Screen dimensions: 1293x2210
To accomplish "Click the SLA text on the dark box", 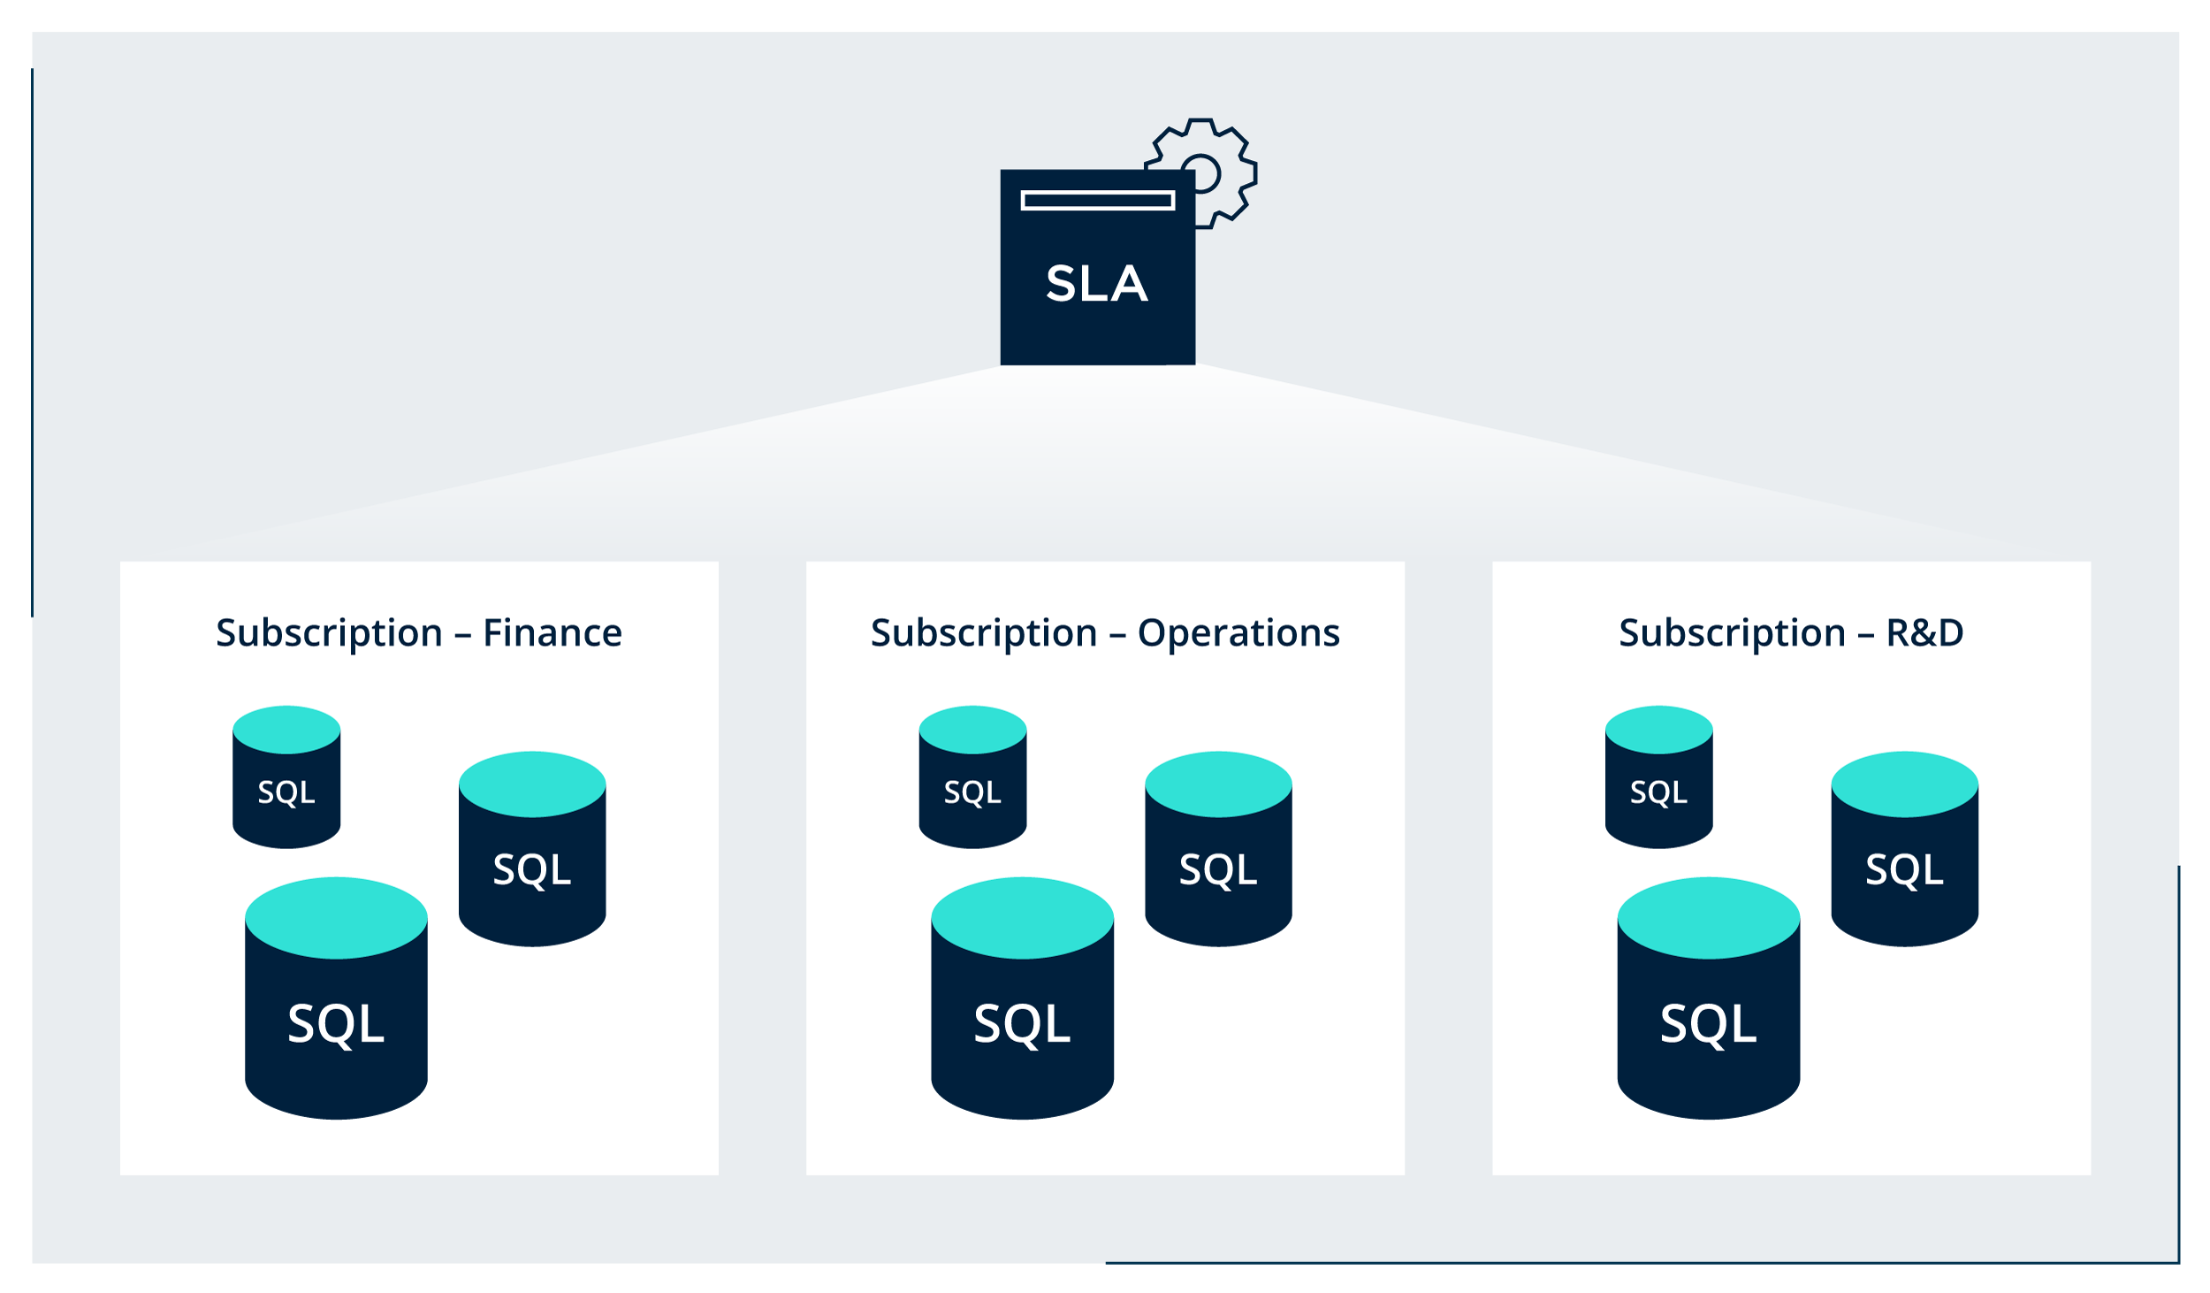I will pyautogui.click(x=1097, y=284).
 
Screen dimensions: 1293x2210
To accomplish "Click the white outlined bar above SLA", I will pyautogui.click(x=1097, y=201).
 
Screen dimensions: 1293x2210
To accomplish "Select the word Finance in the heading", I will pyautogui.click(x=552, y=633).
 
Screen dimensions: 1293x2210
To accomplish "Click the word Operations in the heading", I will pyautogui.click(x=1238, y=633).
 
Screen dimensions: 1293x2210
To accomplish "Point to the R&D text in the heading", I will pyautogui.click(x=1924, y=633).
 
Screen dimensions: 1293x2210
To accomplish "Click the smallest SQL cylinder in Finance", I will pyautogui.click(x=286, y=792).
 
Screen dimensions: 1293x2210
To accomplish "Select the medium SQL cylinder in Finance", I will pyautogui.click(x=532, y=870).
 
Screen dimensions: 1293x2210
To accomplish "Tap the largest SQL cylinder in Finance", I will pyautogui.click(x=336, y=1024).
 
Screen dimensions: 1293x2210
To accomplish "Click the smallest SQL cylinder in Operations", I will pyautogui.click(x=972, y=792).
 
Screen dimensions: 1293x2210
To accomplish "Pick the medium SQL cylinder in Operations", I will pyautogui.click(x=1218, y=870).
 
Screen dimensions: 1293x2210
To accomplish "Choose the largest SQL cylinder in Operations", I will pyautogui.click(x=1022, y=1024).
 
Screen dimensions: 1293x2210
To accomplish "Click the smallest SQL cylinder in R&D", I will pyautogui.click(x=1658, y=792).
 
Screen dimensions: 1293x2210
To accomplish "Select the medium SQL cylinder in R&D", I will pyautogui.click(x=1904, y=870).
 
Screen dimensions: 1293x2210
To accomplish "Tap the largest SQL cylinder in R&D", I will pyautogui.click(x=1708, y=1024).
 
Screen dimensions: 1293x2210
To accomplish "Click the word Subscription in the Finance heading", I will pyautogui.click(x=329, y=633).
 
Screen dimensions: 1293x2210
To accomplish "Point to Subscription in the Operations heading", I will pyautogui.click(x=984, y=633).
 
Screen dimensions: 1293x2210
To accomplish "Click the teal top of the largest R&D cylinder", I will pyautogui.click(x=1708, y=918).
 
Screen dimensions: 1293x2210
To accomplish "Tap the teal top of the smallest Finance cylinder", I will pyautogui.click(x=286, y=730).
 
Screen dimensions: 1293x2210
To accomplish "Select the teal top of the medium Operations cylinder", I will pyautogui.click(x=1218, y=784).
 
